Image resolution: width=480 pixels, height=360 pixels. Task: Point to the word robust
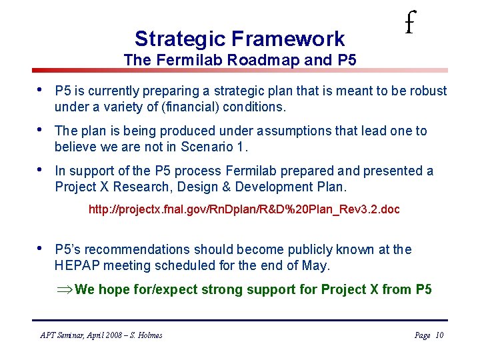(427, 91)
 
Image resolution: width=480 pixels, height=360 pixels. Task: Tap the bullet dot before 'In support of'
(42, 169)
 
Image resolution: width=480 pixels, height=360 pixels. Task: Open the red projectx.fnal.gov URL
(244, 209)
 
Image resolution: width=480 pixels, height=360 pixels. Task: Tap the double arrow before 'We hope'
(66, 290)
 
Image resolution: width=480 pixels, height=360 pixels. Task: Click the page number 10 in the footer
(439, 335)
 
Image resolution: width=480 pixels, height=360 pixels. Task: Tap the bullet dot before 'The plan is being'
(42, 129)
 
